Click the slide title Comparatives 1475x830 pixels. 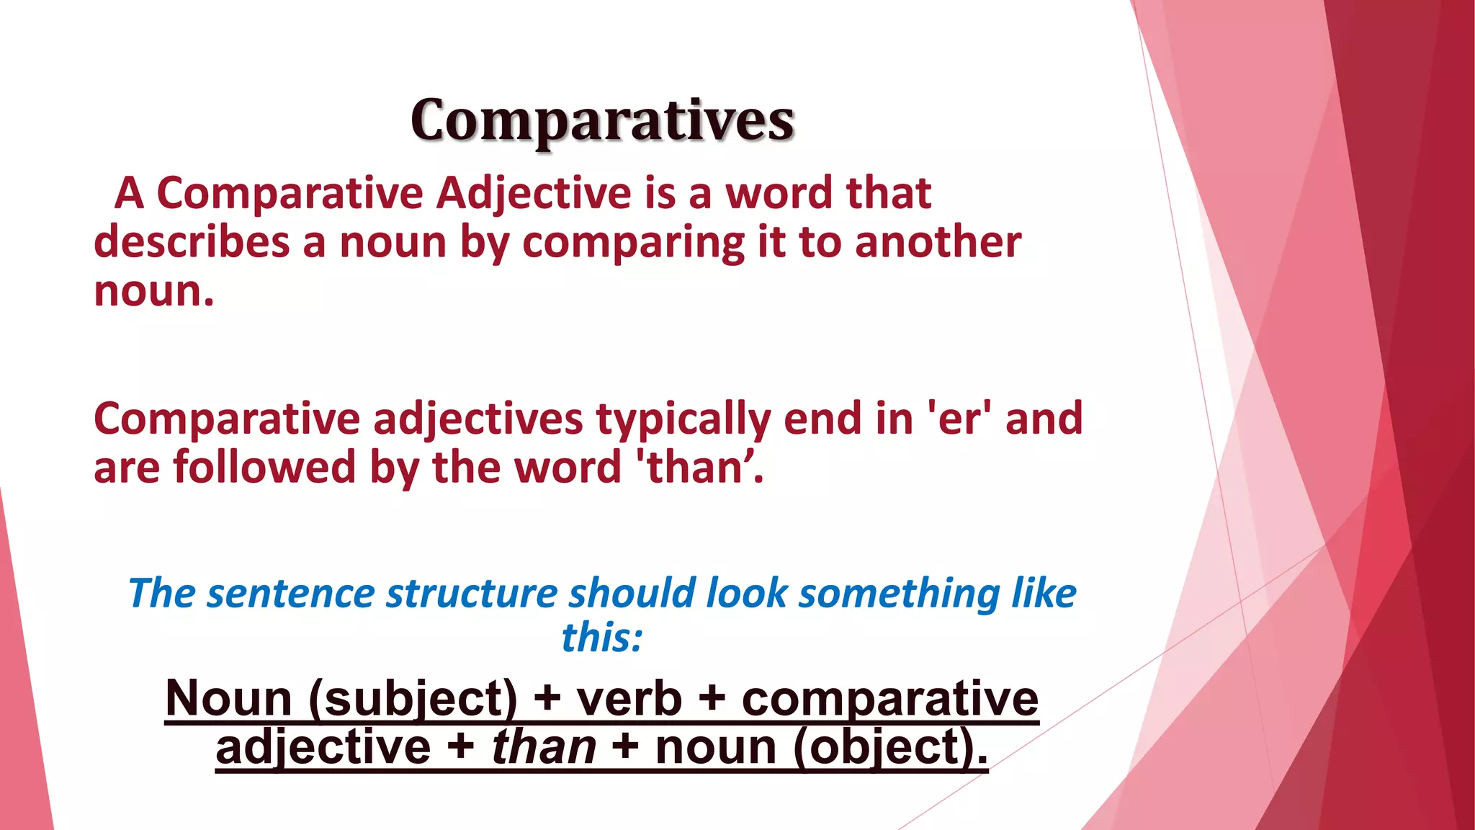pyautogui.click(x=602, y=120)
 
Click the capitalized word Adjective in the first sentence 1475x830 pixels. pyautogui.click(x=534, y=195)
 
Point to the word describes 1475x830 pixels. pyautogui.click(x=192, y=243)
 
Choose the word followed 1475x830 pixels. pyautogui.click(x=265, y=468)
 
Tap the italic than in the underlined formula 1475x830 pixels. pyautogui.click(x=544, y=747)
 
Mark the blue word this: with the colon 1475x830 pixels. pyautogui.click(x=601, y=638)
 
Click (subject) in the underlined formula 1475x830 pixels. pyautogui.click(x=413, y=700)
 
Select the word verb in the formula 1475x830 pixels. pyautogui.click(x=629, y=700)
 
